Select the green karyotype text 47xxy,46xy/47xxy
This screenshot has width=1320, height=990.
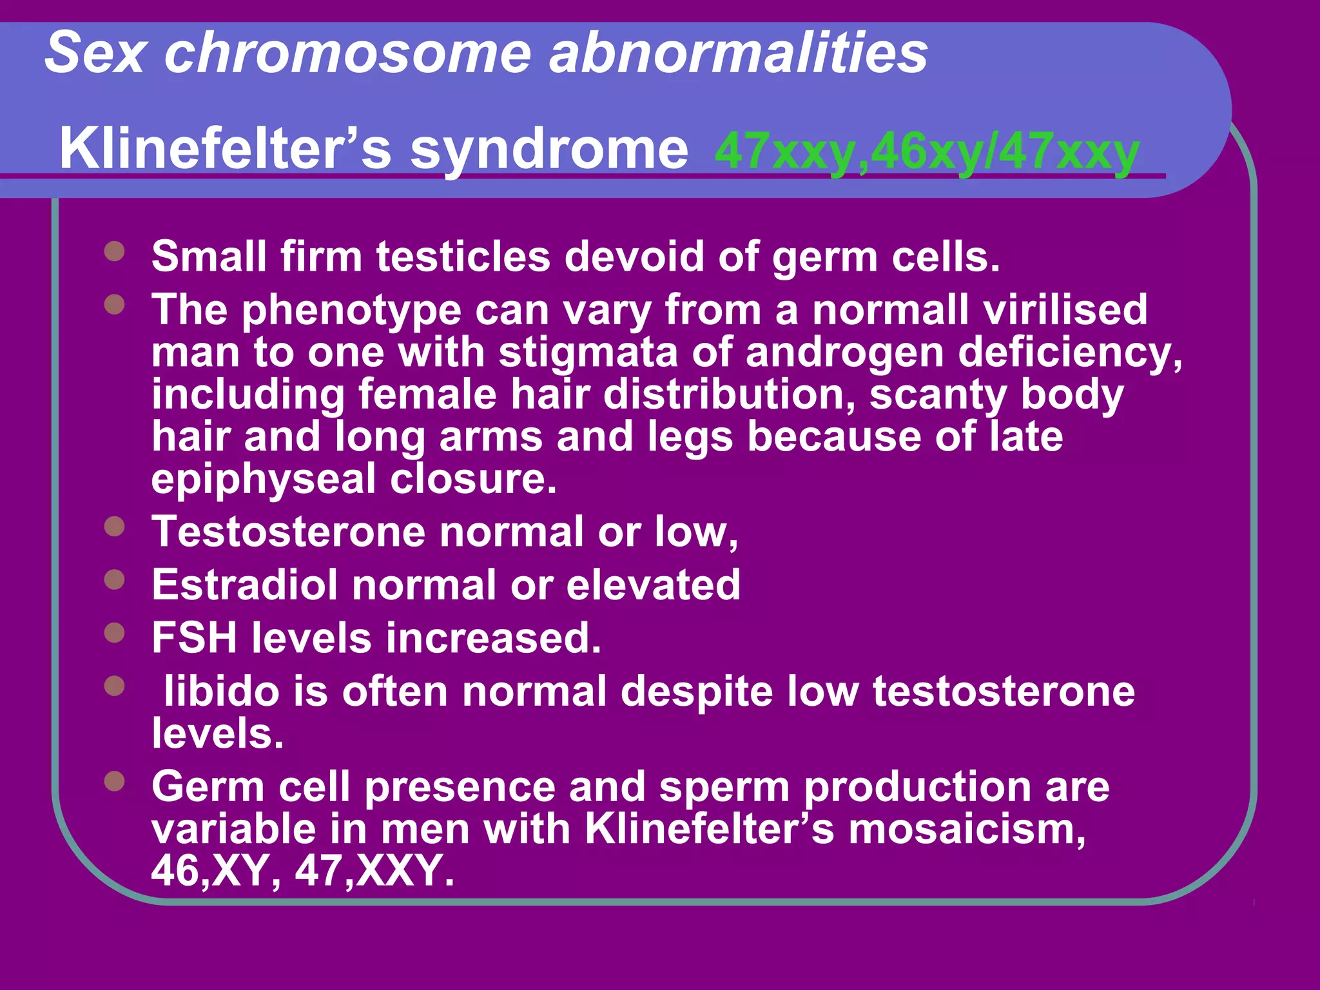tap(927, 152)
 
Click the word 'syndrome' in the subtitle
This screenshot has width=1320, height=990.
tap(549, 150)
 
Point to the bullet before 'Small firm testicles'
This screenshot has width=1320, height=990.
tap(114, 251)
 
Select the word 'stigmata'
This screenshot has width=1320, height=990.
tap(588, 353)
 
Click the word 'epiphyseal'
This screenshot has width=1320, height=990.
tap(263, 480)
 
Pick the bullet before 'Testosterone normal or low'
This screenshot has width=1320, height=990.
tap(114, 527)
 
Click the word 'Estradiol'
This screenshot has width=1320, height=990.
tap(244, 585)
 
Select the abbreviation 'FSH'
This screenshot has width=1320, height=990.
tap(194, 638)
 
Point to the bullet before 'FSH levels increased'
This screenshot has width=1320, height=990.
tap(114, 632)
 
